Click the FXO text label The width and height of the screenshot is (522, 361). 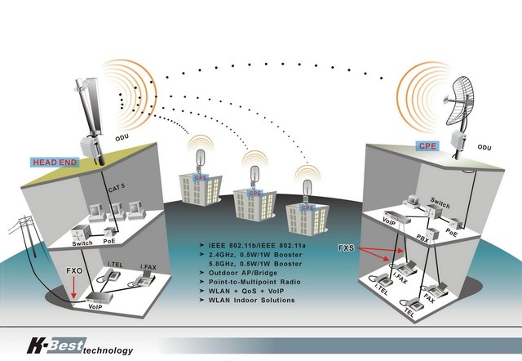pos(73,268)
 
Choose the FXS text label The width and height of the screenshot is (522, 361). pos(347,247)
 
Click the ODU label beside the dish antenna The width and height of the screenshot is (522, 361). pos(484,148)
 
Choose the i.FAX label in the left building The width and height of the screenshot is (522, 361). pos(148,266)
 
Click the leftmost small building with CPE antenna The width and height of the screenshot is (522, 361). pos(198,186)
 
